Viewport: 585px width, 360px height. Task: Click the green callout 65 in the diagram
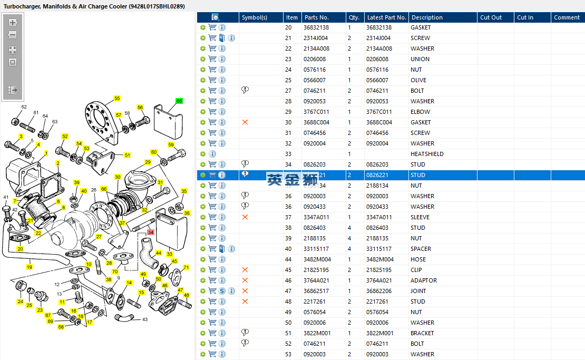pos(179,101)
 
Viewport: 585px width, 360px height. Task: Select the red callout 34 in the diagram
pos(151,232)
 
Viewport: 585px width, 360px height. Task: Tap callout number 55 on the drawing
pos(117,99)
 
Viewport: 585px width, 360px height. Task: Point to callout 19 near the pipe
pos(30,267)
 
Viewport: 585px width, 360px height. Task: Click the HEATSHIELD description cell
pos(427,154)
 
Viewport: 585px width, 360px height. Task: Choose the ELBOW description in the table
pos(420,112)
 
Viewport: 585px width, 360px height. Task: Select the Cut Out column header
pos(491,17)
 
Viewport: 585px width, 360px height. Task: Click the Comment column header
pos(567,17)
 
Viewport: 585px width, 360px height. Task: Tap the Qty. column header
pos(354,17)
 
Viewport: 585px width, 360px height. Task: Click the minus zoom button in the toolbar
pos(13,35)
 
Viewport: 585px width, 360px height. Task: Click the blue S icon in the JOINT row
pos(222,291)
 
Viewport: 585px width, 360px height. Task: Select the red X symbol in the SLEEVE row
pos(245,217)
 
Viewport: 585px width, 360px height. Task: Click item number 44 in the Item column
pos(288,259)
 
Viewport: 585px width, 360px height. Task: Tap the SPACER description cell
pos(421,249)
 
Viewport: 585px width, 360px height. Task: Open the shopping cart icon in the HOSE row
pos(212,259)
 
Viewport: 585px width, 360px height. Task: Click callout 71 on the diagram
pos(186,268)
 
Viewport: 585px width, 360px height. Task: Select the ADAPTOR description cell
pos(424,280)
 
